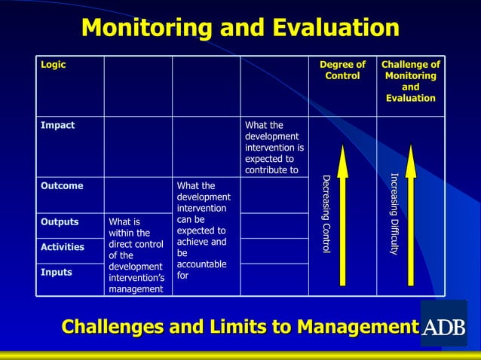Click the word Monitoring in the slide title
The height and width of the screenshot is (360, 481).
pos(141,29)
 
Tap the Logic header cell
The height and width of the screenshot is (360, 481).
pos(53,65)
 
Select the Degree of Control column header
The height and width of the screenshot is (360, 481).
pos(342,70)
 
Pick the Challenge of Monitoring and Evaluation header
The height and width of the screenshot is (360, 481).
pos(410,81)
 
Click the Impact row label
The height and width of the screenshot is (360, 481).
pos(57,125)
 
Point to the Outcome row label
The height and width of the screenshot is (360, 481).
pos(62,185)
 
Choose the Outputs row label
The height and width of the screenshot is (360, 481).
pos(60,221)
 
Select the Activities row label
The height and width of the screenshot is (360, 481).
pos(63,246)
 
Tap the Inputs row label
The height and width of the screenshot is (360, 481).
pos(57,272)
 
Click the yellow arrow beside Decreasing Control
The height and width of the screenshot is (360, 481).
pos(342,215)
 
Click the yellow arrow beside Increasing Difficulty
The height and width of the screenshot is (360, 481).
pos(411,215)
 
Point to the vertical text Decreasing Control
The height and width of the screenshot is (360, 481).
pos(326,214)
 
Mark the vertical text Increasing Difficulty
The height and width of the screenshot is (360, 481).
pos(394,214)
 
